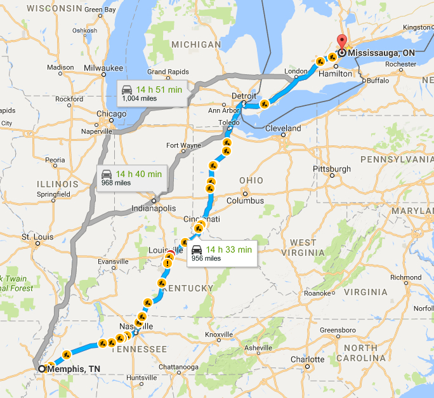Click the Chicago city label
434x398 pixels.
(x=111, y=114)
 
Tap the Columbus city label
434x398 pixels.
(x=245, y=201)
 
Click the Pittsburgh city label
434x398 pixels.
(x=331, y=169)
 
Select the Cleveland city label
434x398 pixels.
(x=283, y=128)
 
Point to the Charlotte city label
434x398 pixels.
(x=307, y=359)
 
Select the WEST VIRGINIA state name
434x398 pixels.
(x=303, y=248)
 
